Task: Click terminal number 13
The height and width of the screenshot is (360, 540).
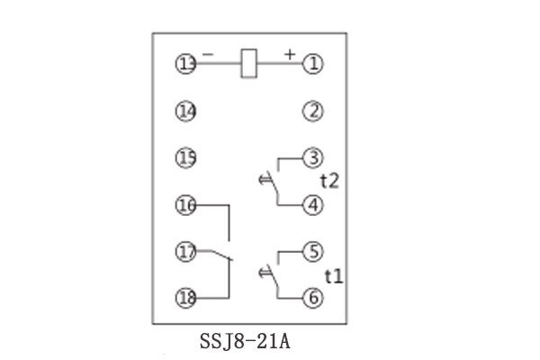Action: pyautogui.click(x=186, y=64)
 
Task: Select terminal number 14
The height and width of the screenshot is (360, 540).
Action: pyautogui.click(x=186, y=112)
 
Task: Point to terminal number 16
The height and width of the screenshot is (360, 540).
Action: pyautogui.click(x=186, y=206)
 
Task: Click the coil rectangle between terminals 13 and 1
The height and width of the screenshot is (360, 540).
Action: pyautogui.click(x=251, y=64)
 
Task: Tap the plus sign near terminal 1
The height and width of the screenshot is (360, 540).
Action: pyautogui.click(x=290, y=54)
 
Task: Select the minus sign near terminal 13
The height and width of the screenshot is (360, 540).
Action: pyautogui.click(x=209, y=55)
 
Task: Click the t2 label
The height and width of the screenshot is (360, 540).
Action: pyautogui.click(x=330, y=182)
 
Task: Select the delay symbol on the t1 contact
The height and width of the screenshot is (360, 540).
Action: pyautogui.click(x=265, y=271)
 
